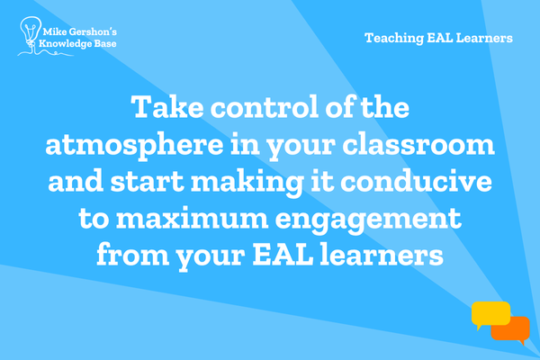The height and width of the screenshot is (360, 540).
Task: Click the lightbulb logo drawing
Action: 31,35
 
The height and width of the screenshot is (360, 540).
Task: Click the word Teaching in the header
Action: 394,38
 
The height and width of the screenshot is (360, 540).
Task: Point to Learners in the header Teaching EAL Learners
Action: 484,38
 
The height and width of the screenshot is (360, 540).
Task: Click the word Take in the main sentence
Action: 167,107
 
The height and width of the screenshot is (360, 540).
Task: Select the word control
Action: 265,107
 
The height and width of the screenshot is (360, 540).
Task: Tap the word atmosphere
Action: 134,146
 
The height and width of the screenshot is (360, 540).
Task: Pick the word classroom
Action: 418,144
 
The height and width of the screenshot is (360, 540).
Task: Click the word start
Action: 147,181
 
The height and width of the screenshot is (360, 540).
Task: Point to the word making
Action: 247,183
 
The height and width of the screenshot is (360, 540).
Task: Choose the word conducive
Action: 416,181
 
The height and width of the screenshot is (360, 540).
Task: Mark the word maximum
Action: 192,218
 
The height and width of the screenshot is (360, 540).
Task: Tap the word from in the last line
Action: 133,254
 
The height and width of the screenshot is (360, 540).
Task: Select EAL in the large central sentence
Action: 283,254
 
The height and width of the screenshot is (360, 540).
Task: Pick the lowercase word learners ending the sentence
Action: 382,254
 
